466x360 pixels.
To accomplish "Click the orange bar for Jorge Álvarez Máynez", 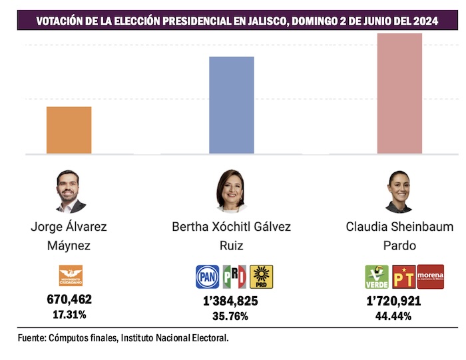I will [69, 130].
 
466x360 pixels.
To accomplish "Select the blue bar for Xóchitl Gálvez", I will [231, 105].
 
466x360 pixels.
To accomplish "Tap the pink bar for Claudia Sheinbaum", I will [399, 93].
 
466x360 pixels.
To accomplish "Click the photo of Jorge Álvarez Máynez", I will [69, 191].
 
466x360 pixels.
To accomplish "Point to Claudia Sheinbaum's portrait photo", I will [399, 191].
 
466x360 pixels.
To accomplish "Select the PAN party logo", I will [207, 276].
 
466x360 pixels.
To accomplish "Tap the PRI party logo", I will [234, 276].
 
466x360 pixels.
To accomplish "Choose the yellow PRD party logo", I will [261, 276].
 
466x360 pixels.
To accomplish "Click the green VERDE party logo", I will [377, 276].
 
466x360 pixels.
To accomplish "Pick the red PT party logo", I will [403, 276].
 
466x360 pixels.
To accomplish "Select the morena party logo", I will [430, 276].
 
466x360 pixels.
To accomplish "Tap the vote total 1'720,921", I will [393, 301].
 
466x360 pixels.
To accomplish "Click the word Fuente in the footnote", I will [32, 338].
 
